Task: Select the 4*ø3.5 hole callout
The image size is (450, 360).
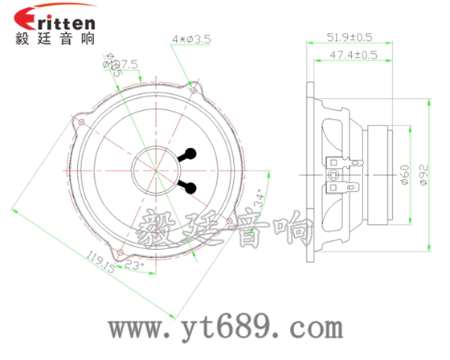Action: click(191, 39)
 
